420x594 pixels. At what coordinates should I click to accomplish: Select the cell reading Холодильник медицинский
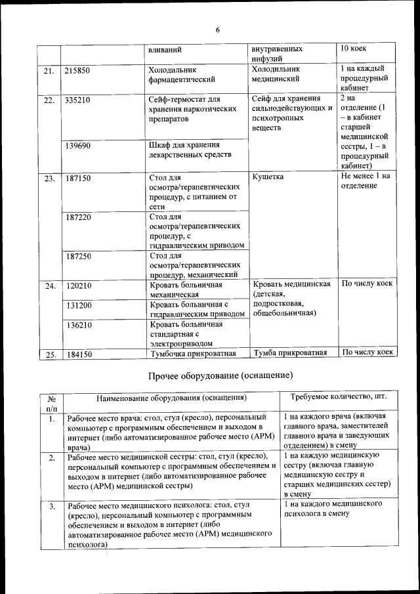[x=276, y=74]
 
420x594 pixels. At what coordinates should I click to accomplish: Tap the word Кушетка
[x=268, y=177]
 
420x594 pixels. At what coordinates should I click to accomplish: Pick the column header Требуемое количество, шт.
[x=335, y=397]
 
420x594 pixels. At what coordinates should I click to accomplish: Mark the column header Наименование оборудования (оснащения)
[x=171, y=398]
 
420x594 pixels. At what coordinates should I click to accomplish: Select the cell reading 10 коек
[x=354, y=49]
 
